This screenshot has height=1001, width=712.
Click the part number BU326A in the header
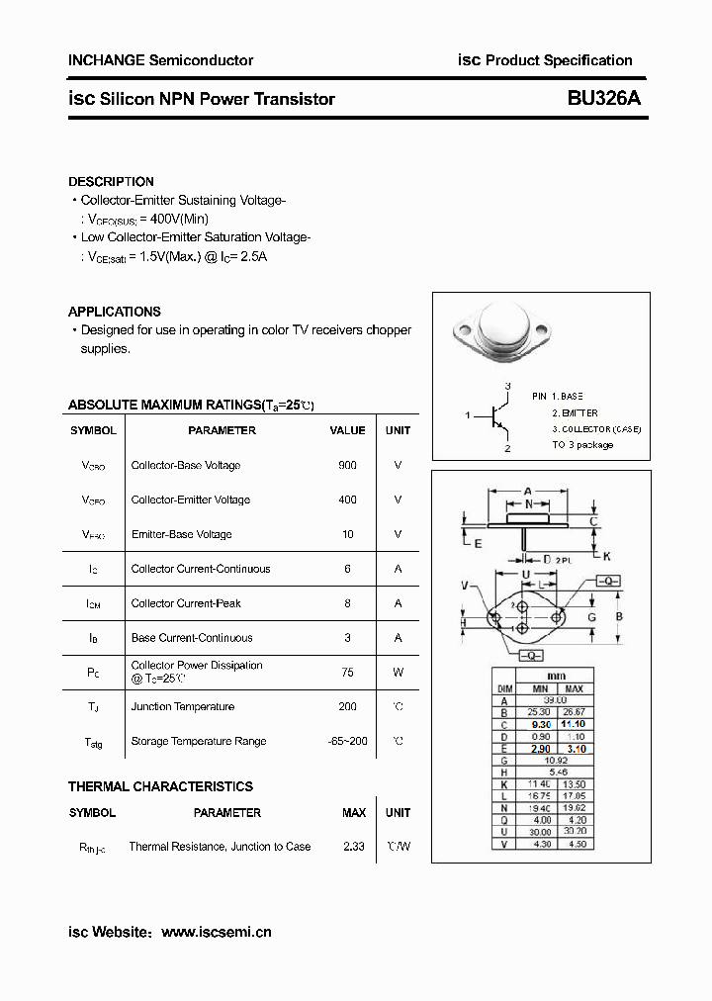point(604,99)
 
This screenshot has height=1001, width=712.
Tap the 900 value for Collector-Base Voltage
point(347,465)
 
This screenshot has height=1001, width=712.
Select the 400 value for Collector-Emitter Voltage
point(347,500)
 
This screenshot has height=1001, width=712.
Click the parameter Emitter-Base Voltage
point(181,534)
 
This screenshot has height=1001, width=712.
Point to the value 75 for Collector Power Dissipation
point(347,672)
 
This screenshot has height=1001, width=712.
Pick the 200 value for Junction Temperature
point(347,706)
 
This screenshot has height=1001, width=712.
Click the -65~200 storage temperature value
point(347,741)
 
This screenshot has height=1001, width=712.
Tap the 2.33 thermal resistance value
point(354,847)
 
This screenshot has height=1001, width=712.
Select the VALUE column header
point(347,430)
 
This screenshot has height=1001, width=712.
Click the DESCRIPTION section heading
point(111,182)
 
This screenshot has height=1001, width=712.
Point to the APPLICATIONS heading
point(115,312)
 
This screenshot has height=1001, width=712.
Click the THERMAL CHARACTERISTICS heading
point(160,786)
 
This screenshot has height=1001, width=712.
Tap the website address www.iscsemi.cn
point(216,932)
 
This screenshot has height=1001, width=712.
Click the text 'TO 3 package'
point(582,445)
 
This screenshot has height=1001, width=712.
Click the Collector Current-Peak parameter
point(186,603)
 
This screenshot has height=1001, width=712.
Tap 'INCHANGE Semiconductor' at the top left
point(160,60)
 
